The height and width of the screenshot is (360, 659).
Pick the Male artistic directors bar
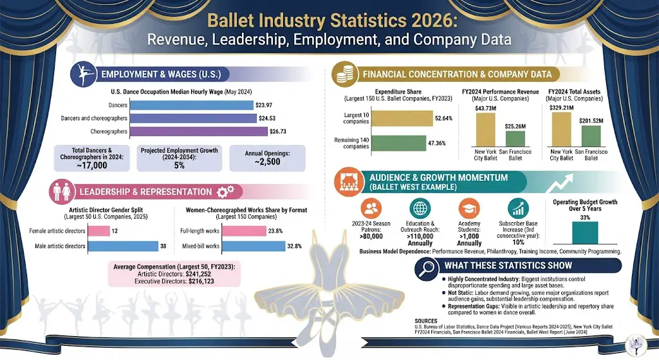click(x=122, y=245)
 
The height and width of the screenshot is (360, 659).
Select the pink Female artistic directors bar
click(x=98, y=231)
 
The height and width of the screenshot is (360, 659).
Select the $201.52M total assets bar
click(x=591, y=135)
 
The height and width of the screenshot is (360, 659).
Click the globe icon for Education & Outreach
click(x=420, y=209)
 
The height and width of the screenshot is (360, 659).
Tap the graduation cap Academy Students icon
click(x=469, y=209)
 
